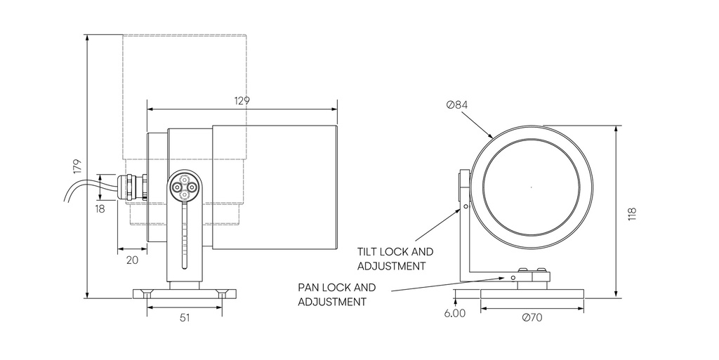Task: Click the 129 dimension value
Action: pos(242,100)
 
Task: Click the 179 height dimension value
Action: pos(78,166)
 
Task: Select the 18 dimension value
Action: pos(100,208)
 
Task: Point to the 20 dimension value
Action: pos(133,260)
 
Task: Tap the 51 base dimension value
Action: pos(184,317)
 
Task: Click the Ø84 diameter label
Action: pos(457,105)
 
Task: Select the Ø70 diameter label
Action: pos(532,316)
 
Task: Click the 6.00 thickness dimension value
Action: pos(454,314)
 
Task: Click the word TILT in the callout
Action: pos(369,251)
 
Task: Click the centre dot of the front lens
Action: pos(532,187)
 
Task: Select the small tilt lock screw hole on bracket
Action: pos(465,207)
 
